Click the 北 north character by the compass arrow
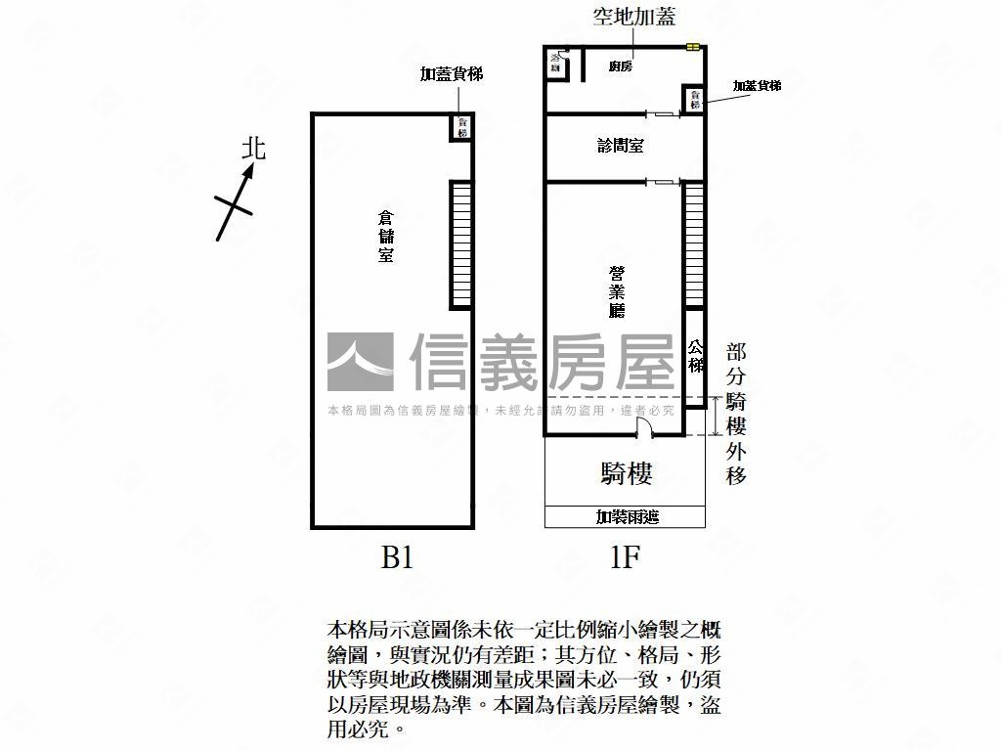(x=254, y=148)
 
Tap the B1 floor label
(x=397, y=558)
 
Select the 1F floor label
(x=624, y=558)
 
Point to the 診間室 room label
(x=620, y=146)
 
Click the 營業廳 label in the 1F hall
(x=617, y=291)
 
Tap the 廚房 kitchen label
(x=620, y=66)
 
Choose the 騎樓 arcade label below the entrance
(x=626, y=474)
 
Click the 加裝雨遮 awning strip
(x=626, y=516)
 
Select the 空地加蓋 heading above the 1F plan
(x=634, y=17)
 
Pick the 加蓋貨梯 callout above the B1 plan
(x=452, y=74)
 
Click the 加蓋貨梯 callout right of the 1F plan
(x=757, y=86)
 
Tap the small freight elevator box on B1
(x=461, y=127)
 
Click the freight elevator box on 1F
(x=694, y=100)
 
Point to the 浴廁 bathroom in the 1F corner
(x=557, y=64)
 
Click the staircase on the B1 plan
(x=461, y=244)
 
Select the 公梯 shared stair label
(x=695, y=356)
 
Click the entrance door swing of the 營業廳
(x=643, y=427)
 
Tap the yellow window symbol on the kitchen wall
(x=693, y=46)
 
